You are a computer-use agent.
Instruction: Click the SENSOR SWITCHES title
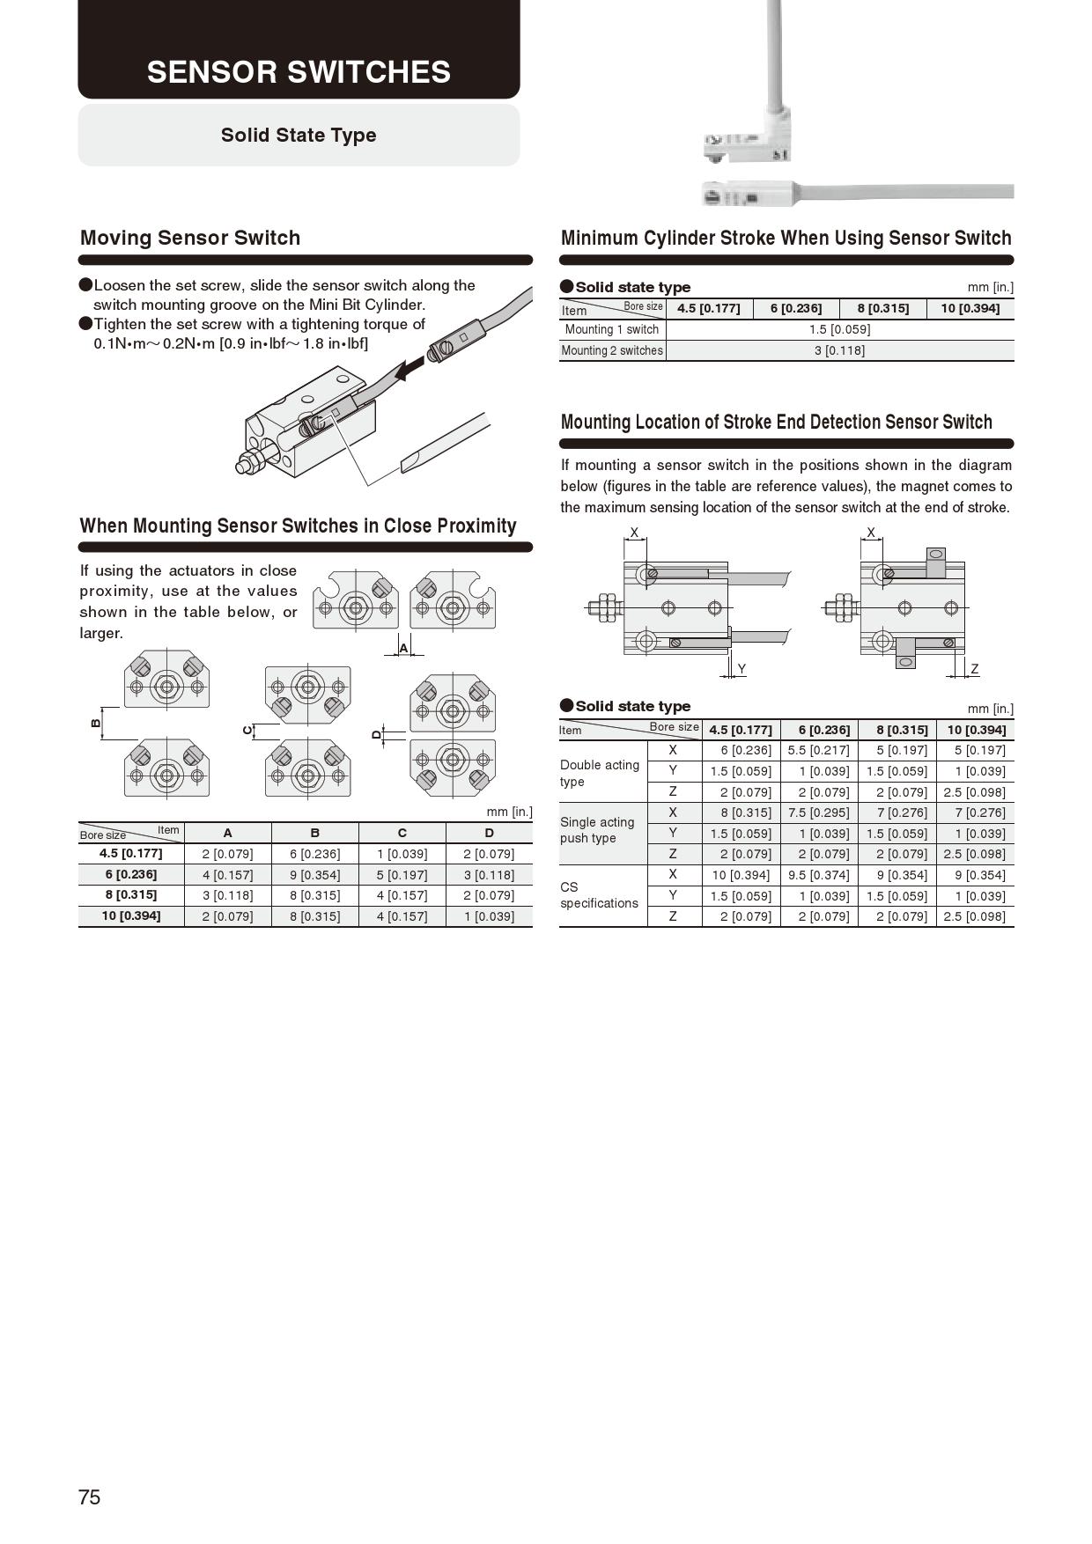299,72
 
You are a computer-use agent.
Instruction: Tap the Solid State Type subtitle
299,135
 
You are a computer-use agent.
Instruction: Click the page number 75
90,1496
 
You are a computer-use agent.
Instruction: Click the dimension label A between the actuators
404,648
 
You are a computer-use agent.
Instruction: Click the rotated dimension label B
96,723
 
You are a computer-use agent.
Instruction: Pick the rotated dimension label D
377,734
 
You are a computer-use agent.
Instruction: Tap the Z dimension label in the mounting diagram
974,669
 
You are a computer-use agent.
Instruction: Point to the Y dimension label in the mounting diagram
742,669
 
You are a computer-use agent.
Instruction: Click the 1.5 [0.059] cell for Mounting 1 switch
839,329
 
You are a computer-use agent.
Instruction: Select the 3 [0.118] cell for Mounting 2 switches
839,350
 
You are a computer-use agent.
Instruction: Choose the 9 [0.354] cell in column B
314,875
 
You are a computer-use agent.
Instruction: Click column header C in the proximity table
402,833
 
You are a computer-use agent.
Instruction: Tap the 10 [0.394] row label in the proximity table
131,915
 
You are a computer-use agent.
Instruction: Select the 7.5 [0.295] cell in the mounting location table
819,812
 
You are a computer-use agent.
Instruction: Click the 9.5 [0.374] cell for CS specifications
819,875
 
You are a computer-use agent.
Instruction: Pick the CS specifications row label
599,895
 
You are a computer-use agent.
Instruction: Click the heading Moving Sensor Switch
190,238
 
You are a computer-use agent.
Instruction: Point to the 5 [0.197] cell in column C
402,875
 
